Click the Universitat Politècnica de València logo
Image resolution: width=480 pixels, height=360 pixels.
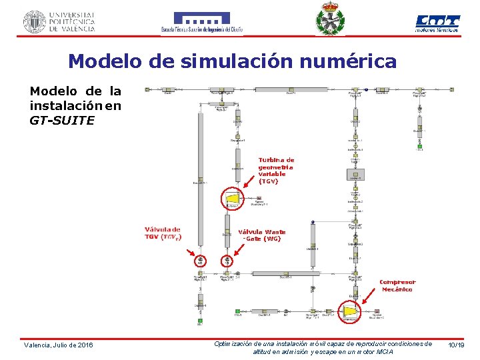(x=59, y=21)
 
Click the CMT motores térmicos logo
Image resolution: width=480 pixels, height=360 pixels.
(x=437, y=23)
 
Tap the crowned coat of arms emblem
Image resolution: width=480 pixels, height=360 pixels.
(x=331, y=19)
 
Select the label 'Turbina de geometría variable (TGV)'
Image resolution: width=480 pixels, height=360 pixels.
(x=276, y=171)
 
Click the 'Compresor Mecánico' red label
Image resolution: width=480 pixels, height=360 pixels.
(x=397, y=285)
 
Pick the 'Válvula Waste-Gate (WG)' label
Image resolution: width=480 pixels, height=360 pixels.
(x=262, y=235)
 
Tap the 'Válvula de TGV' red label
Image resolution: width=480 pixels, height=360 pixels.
(x=163, y=234)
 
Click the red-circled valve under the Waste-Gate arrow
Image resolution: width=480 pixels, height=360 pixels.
(x=227, y=262)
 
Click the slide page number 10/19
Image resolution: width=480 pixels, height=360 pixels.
(x=456, y=345)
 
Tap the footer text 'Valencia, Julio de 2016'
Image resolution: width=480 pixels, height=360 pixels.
(x=59, y=345)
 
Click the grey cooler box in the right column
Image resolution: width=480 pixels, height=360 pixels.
(x=355, y=175)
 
